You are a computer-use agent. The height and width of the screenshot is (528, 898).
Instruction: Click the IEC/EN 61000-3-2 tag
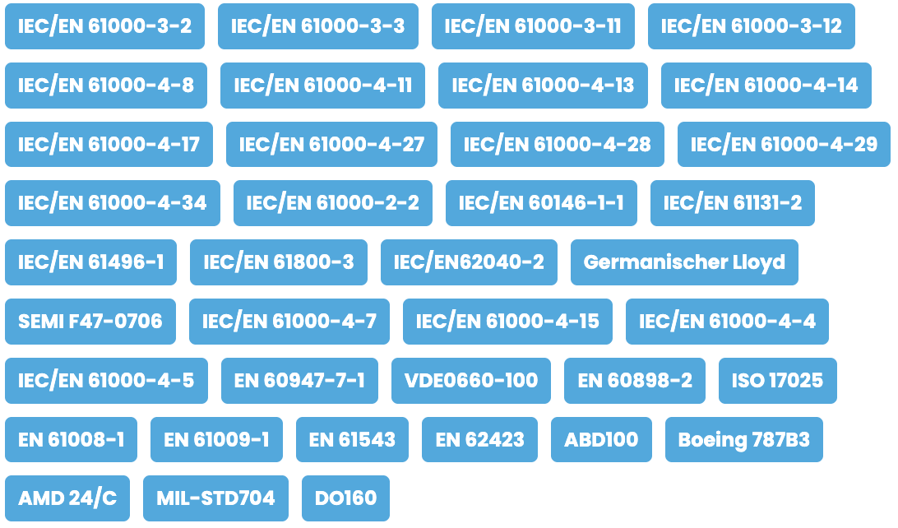[x=104, y=26]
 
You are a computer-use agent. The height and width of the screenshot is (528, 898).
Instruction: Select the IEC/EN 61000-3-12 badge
[x=752, y=26]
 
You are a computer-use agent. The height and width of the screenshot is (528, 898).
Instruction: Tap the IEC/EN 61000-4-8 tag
[x=106, y=86]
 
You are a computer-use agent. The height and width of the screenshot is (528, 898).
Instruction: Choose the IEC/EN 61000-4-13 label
[x=543, y=86]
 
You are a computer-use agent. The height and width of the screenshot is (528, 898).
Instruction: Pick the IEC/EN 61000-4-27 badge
[x=331, y=144]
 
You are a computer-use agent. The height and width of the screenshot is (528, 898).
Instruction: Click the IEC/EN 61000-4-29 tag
[x=784, y=144]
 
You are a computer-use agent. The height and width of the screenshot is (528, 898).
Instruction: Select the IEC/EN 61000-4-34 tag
[x=112, y=203]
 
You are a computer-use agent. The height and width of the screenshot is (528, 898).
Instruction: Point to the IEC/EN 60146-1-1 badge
[x=541, y=203]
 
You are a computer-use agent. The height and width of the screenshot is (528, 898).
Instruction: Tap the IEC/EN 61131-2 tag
[x=733, y=203]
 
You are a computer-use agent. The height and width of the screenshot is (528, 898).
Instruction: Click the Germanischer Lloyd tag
[x=684, y=262]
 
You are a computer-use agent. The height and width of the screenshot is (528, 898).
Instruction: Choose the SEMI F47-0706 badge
[x=90, y=322]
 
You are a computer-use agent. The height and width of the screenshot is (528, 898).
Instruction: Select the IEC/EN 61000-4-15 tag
[x=507, y=322]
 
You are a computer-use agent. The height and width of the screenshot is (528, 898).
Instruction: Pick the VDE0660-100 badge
[x=470, y=381]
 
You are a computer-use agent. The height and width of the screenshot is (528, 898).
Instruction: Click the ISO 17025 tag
[x=778, y=381]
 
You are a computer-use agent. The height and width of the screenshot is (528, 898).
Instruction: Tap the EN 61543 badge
[x=352, y=440]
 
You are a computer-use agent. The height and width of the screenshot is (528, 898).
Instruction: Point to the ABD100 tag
[x=601, y=440]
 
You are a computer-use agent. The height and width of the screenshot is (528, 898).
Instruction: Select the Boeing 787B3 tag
[x=744, y=440]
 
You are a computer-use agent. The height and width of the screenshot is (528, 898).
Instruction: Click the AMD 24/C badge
[x=67, y=498]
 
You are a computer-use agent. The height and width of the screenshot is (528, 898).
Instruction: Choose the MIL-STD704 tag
[x=216, y=498]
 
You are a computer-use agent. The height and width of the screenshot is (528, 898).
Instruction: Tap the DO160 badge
[x=346, y=498]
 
